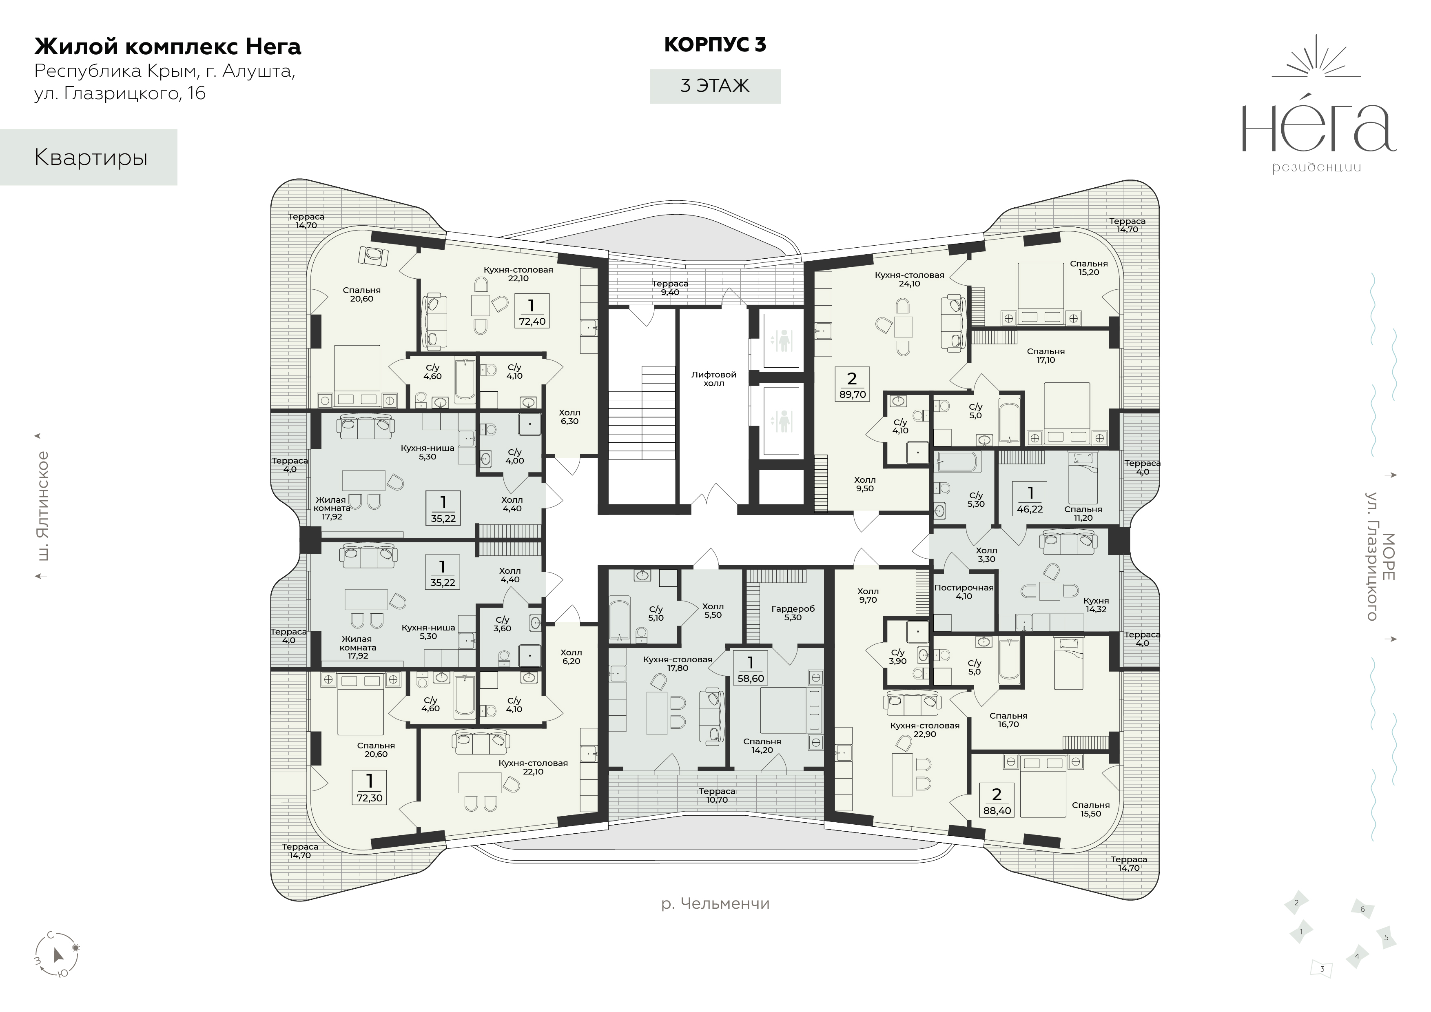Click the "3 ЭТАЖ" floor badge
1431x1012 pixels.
pyautogui.click(x=715, y=86)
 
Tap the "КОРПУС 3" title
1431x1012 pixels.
pyautogui.click(x=715, y=45)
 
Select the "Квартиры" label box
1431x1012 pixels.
pyautogui.click(x=89, y=157)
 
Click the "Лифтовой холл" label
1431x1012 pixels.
pyautogui.click(x=713, y=379)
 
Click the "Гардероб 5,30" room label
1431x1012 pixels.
pyautogui.click(x=793, y=613)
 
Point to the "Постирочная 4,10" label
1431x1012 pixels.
pyautogui.click(x=964, y=592)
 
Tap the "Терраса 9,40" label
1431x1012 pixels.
pyautogui.click(x=670, y=287)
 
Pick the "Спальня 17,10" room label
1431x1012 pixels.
pyautogui.click(x=1046, y=355)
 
